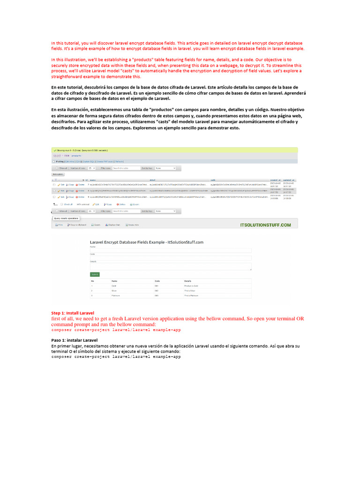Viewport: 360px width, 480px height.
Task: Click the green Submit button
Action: pyautogui.click(x=95, y=274)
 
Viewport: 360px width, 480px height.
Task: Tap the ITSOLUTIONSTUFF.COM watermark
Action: pyautogui.click(x=265, y=225)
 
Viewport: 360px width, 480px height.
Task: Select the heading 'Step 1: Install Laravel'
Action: pyautogui.click(x=73, y=313)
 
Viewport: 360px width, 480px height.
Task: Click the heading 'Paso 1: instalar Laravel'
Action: pyautogui.click(x=74, y=340)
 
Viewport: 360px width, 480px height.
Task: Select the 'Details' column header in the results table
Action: pyautogui.click(x=187, y=280)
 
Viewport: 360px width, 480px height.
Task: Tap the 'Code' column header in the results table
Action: pyautogui.click(x=157, y=280)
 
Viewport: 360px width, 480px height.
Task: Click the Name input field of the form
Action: pyautogui.click(x=171, y=250)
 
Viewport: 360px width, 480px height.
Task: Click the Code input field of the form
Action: pyautogui.click(x=171, y=257)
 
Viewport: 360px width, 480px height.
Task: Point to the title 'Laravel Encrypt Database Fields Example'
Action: pyautogui.click(x=146, y=242)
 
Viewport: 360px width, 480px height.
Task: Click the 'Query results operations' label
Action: pyautogui.click(x=65, y=218)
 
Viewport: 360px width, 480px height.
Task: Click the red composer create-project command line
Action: pyautogui.click(x=116, y=330)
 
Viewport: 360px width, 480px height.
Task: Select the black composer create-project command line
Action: pyautogui.click(x=116, y=357)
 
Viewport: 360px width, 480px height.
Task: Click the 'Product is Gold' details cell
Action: pyautogui.click(x=192, y=285)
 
